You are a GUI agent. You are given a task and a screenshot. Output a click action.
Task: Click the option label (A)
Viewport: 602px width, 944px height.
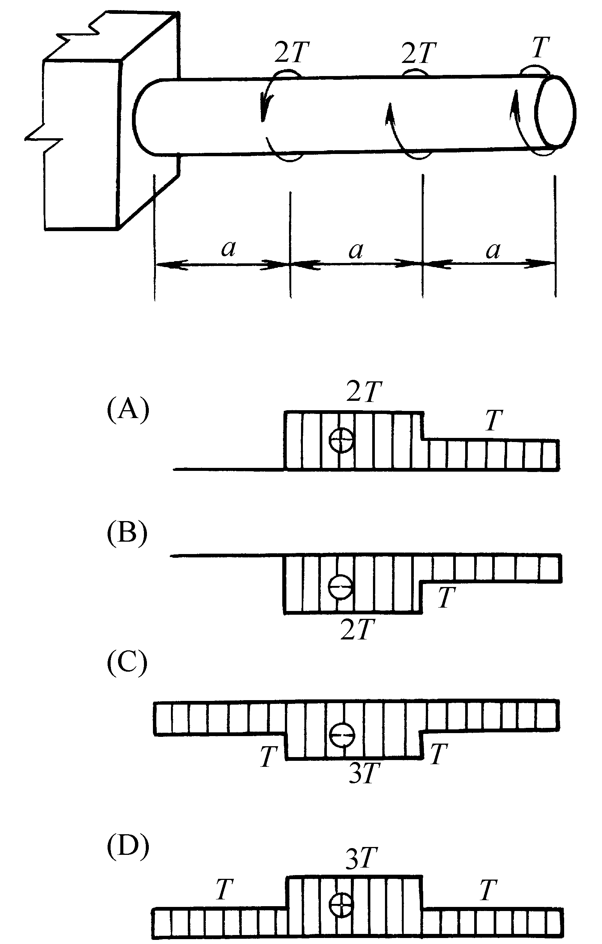tap(128, 410)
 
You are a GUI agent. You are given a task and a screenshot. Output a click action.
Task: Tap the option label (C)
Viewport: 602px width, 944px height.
tap(127, 663)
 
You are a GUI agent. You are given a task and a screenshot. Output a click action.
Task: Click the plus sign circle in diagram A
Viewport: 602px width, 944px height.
tap(341, 440)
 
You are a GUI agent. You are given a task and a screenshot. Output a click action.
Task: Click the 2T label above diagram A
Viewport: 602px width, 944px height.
tap(364, 391)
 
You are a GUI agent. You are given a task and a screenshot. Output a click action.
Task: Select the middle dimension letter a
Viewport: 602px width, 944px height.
tap(356, 250)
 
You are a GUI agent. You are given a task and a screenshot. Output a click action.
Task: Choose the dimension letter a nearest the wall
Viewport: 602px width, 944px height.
tap(229, 248)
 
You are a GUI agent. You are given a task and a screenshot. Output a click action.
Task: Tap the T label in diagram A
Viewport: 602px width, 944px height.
tap(493, 420)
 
